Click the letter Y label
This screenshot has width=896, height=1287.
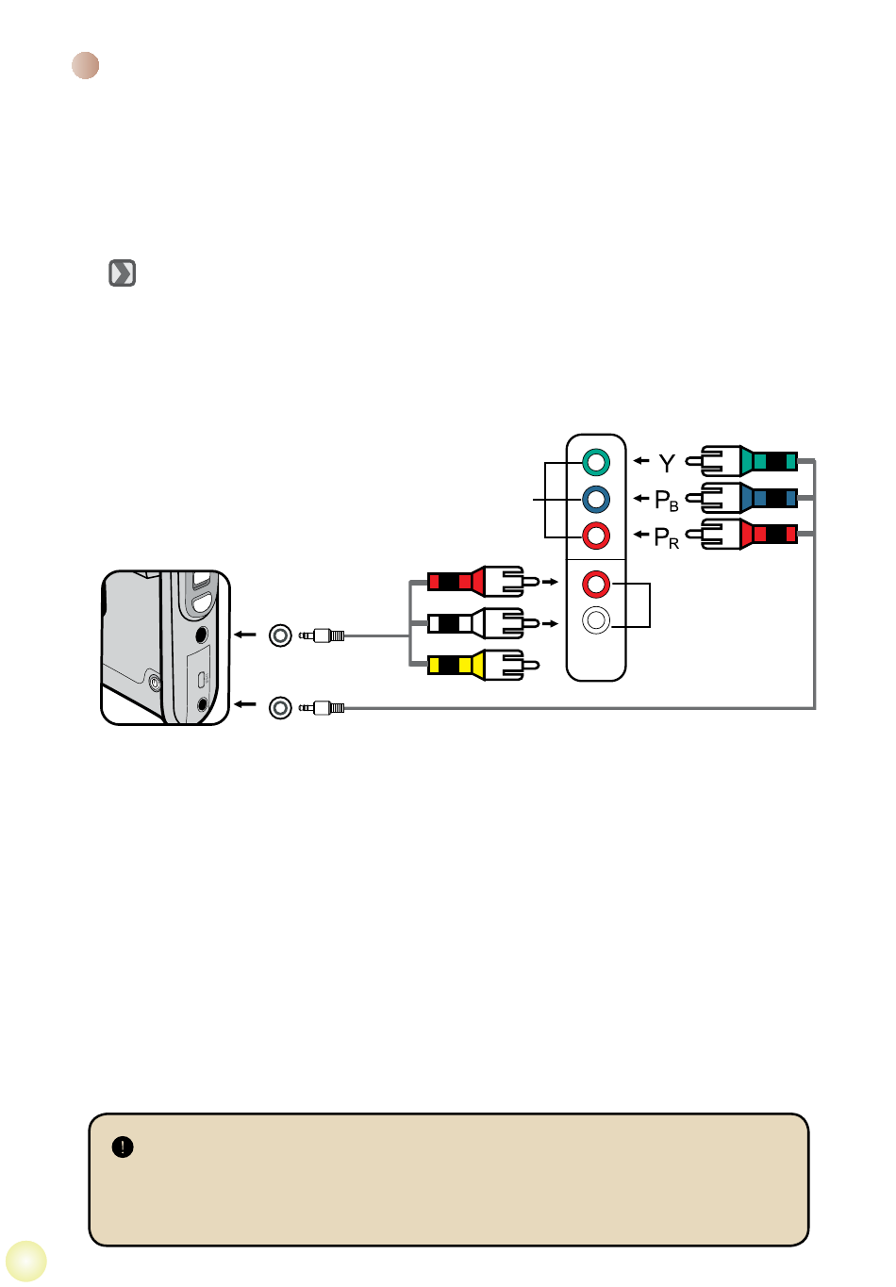pos(667,463)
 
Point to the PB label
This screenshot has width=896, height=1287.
pos(667,501)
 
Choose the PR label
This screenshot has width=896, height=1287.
pos(667,537)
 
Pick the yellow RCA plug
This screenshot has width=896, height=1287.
pos(483,665)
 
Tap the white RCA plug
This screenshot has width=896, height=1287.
pos(483,623)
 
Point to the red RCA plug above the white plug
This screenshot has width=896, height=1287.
pos(483,582)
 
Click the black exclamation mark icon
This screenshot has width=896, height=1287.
pos(123,1147)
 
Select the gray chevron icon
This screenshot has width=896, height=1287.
pos(123,272)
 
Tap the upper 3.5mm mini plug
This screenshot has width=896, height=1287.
pos(322,635)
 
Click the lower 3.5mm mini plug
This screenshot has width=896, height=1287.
pos(322,708)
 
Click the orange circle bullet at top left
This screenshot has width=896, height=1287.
pos(86,65)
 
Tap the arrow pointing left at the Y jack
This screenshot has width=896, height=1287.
pos(641,460)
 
